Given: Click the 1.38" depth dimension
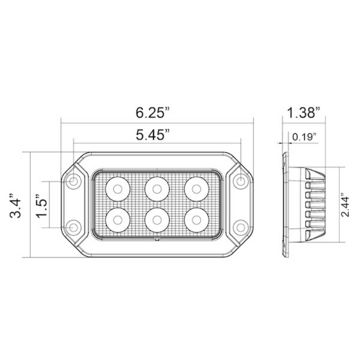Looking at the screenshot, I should [303, 111].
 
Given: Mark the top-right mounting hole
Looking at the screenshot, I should [240, 182].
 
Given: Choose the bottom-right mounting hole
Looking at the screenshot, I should [240, 227].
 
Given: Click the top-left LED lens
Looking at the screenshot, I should [117, 188].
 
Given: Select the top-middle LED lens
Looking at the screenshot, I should [157, 188].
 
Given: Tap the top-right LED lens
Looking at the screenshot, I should [196, 188].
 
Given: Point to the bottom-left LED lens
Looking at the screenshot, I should [117, 220].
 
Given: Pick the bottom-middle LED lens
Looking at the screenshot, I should [157, 220].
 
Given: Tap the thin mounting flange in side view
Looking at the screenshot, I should [285, 205].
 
